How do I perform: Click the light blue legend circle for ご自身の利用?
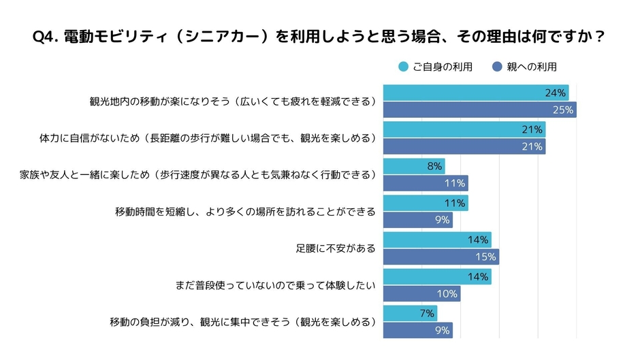(403, 67)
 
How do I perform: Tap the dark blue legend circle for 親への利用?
(497, 67)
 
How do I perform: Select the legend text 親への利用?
(532, 67)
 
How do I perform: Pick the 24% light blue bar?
(475, 93)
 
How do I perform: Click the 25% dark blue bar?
(479, 110)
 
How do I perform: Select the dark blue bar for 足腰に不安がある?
(441, 257)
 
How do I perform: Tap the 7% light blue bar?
(410, 313)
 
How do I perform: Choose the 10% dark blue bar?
(421, 293)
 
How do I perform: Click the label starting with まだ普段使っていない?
(276, 285)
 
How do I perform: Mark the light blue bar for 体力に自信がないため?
(464, 129)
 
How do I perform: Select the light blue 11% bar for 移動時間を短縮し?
(425, 203)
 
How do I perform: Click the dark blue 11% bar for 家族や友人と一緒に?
(425, 183)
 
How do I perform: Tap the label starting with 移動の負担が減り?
(242, 322)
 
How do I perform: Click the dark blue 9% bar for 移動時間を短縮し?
(417, 220)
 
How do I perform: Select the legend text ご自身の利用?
(443, 67)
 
